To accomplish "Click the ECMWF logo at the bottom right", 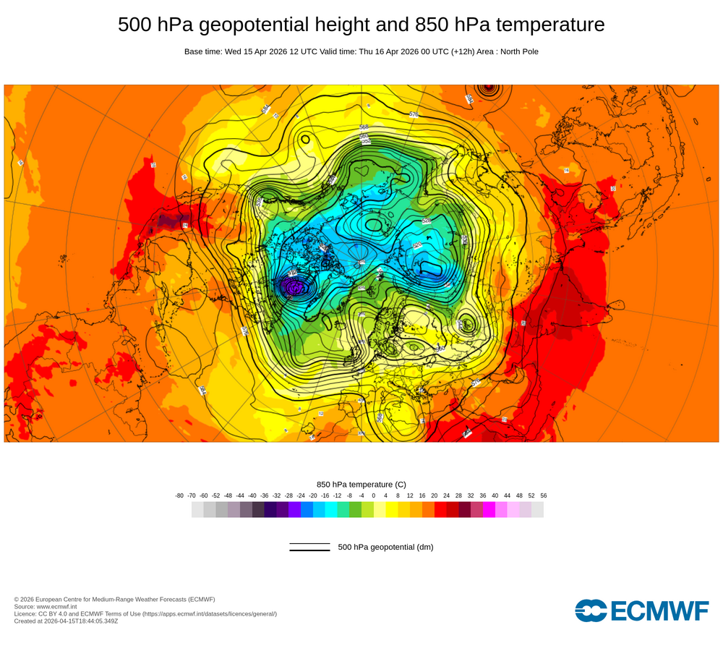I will pos(642,610).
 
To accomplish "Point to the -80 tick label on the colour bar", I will pos(179,495).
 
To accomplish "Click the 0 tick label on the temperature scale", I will pos(374,495).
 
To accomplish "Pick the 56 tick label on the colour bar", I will pos(543,495).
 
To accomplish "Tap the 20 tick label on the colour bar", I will pos(435,495).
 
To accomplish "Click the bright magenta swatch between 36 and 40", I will pos(489,510).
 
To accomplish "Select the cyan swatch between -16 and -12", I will pos(331,510).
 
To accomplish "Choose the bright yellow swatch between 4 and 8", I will pos(392,510).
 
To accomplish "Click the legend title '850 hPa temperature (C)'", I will pos(361,484).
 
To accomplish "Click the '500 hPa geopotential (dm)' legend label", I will pos(385,547).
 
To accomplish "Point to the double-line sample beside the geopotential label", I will pos(309,547).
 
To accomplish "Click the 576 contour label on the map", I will pos(414,114).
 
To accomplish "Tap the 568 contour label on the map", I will pos(364,127).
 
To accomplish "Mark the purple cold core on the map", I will pos(294,288).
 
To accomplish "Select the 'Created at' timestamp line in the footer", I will pos(66,621).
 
